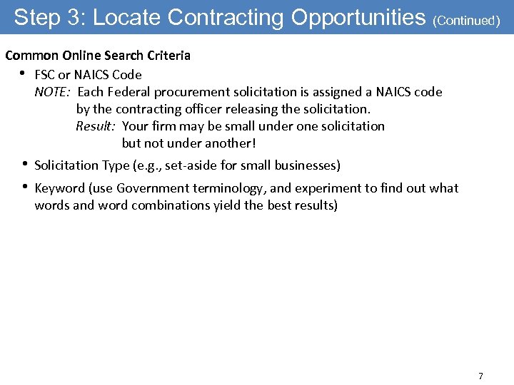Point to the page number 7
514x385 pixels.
pyautogui.click(x=480, y=376)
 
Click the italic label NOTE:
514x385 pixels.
pyautogui.click(x=53, y=92)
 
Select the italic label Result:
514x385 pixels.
pyautogui.click(x=96, y=126)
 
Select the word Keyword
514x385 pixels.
pyautogui.click(x=59, y=188)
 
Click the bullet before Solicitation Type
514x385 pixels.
pyautogui.click(x=24, y=164)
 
